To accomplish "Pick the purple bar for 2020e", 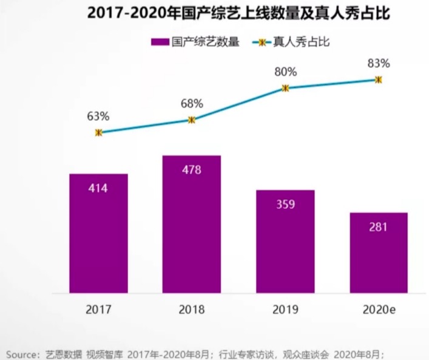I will [x=378, y=252].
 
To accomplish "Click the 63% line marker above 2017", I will [x=99, y=132].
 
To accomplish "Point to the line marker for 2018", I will [x=192, y=120].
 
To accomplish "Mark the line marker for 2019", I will [x=285, y=88].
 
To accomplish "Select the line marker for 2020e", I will [x=378, y=79].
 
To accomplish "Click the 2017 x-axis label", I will [x=98, y=310].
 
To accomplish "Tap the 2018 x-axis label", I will [x=192, y=310].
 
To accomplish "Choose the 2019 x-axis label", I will [x=285, y=310].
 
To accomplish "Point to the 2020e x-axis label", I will [x=379, y=310].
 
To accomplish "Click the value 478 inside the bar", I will [x=192, y=170].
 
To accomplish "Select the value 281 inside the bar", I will [x=378, y=227].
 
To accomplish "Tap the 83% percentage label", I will [x=379, y=63].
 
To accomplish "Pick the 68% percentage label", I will [x=192, y=103].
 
